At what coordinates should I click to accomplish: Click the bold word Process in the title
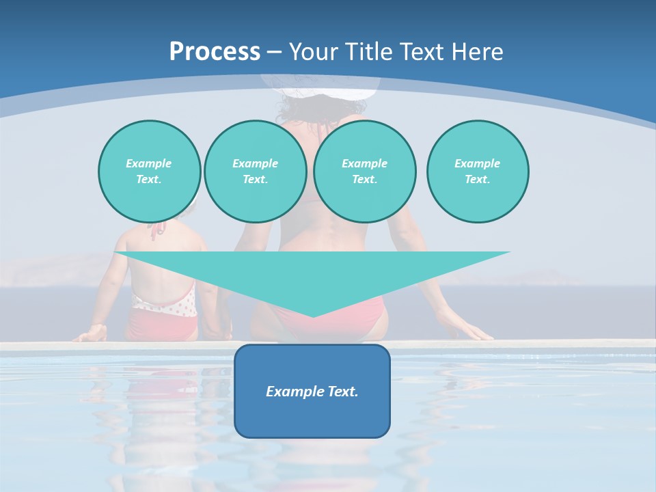[x=215, y=51]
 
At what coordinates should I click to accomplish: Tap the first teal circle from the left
[x=149, y=172]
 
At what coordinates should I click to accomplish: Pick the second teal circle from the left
[x=255, y=172]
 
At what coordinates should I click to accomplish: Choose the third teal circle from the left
[x=364, y=172]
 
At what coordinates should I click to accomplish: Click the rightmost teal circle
[x=477, y=172]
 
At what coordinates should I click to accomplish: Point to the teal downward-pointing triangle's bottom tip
[x=312, y=316]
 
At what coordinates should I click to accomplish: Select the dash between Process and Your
[x=274, y=52]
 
